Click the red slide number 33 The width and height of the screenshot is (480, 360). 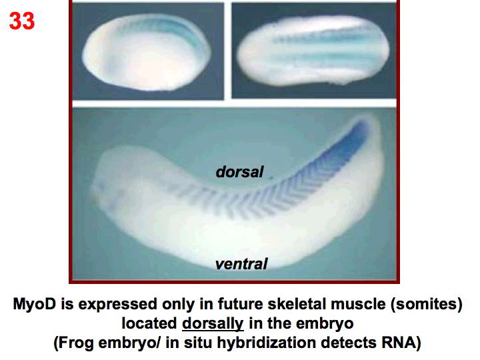21,21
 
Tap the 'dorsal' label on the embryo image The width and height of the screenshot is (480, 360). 239,172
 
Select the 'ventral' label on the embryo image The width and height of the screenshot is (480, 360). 241,264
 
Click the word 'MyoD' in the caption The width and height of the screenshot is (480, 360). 37,305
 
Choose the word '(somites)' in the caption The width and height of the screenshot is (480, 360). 421,305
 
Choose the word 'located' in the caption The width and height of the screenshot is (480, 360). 148,325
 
